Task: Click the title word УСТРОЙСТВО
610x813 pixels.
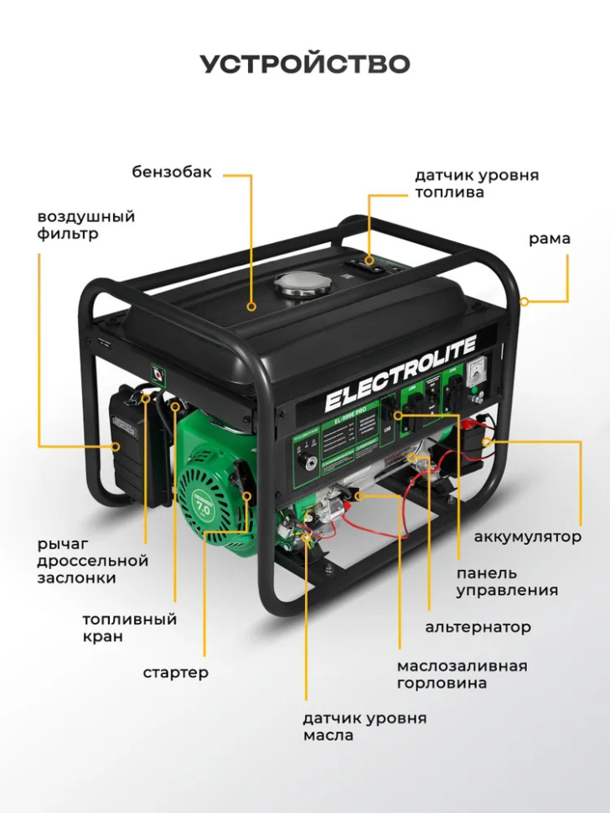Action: click(x=305, y=65)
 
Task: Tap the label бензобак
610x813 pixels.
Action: click(x=172, y=173)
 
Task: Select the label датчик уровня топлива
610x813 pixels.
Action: click(x=476, y=184)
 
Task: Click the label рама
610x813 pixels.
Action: click(x=549, y=239)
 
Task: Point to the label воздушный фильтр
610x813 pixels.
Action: click(x=85, y=225)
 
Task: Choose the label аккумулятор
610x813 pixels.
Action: click(x=527, y=536)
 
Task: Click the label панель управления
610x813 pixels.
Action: click(x=507, y=582)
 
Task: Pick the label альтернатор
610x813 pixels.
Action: click(x=478, y=627)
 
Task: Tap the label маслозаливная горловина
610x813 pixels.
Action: click(x=462, y=674)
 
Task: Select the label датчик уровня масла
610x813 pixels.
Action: click(x=364, y=727)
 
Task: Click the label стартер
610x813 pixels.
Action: click(x=175, y=672)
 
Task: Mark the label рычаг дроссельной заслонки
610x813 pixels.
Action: click(x=91, y=561)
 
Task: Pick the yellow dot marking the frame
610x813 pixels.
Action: click(x=524, y=301)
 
